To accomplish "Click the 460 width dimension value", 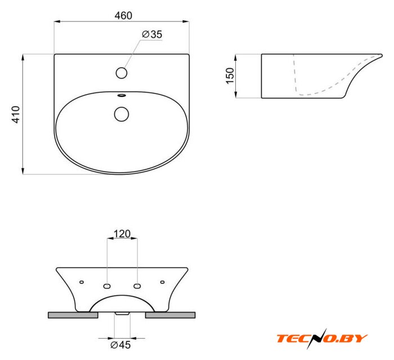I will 123,16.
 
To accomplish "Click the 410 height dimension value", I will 16,114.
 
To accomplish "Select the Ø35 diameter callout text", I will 152,34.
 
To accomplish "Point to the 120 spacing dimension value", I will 122,233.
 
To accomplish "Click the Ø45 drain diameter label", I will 121,344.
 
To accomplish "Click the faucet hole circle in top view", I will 122,73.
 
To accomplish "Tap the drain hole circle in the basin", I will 122,114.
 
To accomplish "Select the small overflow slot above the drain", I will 122,96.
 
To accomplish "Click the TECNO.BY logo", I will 321,338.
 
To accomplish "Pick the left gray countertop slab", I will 73,315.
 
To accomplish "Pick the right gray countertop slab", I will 171,315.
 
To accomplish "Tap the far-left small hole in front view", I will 82,282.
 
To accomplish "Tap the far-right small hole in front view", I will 163,282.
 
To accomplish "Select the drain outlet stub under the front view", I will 122,313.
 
